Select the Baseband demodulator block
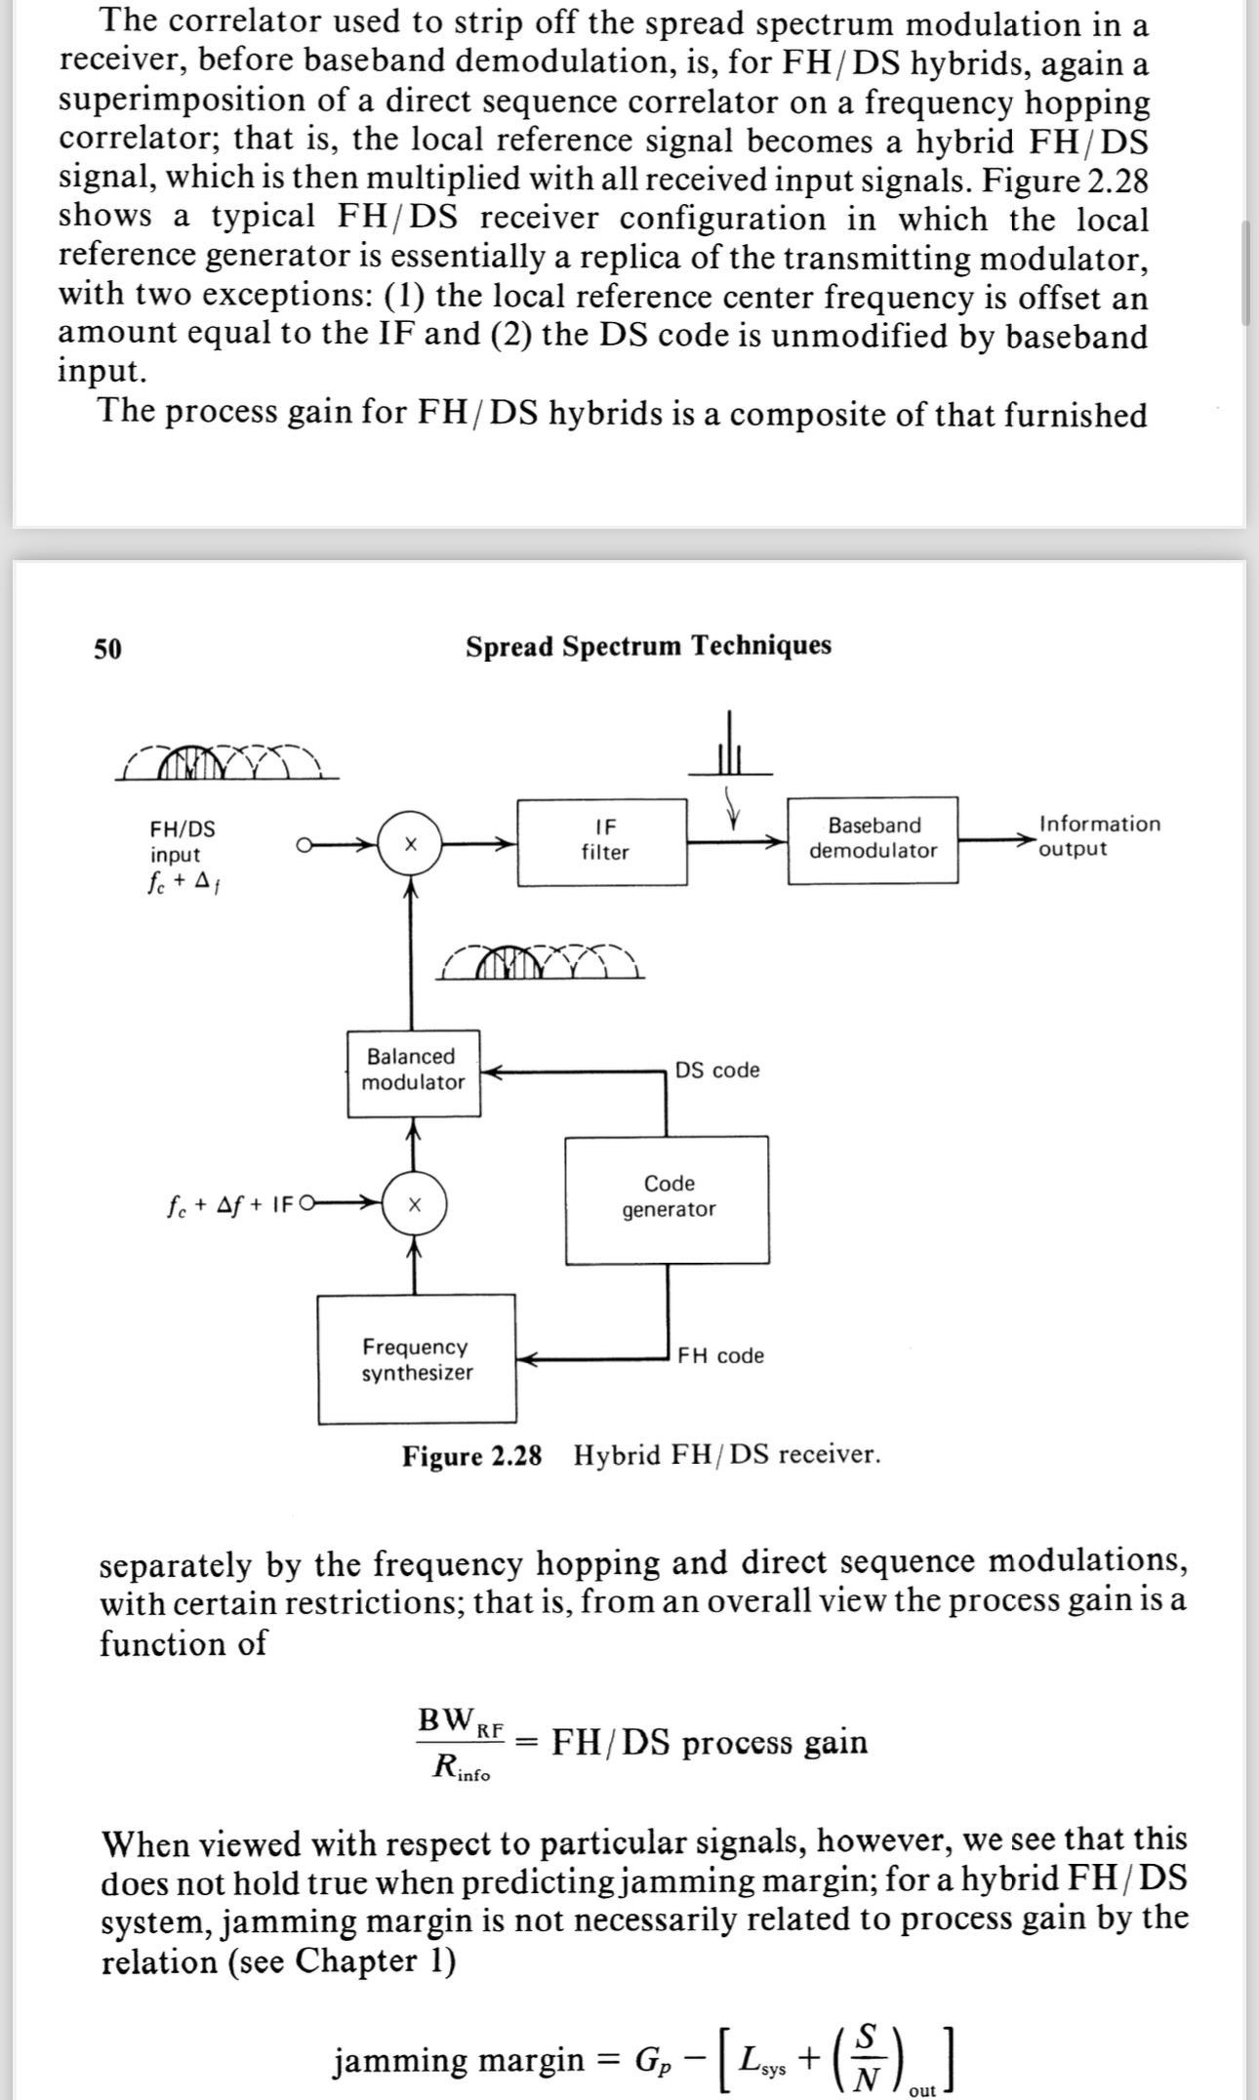873,839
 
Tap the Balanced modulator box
414,1072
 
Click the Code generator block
668,1199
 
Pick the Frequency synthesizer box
417,1358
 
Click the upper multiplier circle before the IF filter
411,842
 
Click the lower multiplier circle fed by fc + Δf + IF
414,1204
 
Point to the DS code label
717,1070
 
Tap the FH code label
721,1355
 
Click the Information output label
1099,836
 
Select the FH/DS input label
182,841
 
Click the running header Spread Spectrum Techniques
648,646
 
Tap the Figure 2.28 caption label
471,1456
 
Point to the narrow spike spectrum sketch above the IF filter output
728,751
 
